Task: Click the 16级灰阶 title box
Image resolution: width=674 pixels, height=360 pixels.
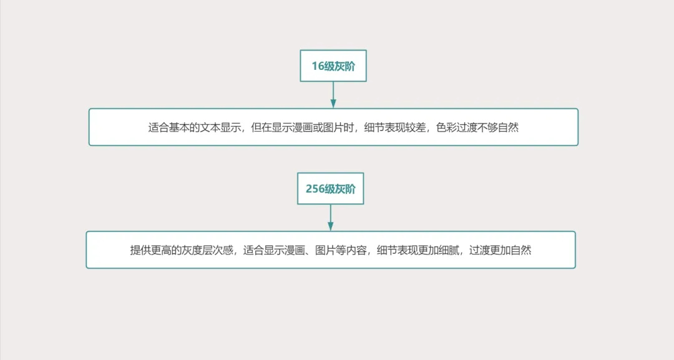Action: [x=333, y=66]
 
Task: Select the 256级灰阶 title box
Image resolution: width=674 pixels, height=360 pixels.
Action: [x=331, y=188]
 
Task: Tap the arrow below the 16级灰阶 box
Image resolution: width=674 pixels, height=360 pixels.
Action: [x=333, y=95]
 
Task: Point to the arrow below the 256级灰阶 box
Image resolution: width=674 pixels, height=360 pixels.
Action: [x=331, y=218]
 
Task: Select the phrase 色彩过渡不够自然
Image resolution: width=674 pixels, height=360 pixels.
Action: [x=477, y=127]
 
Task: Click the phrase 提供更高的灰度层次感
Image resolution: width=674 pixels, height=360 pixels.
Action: [x=182, y=250]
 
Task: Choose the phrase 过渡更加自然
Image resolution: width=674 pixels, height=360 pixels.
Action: [x=501, y=250]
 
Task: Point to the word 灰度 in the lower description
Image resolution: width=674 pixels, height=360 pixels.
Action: [x=192, y=250]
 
